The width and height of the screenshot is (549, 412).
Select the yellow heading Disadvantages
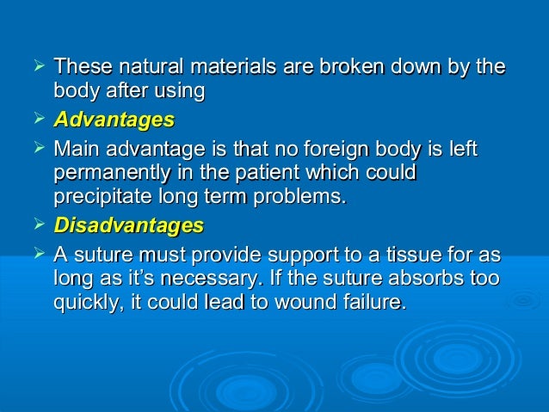pyautogui.click(x=128, y=226)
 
